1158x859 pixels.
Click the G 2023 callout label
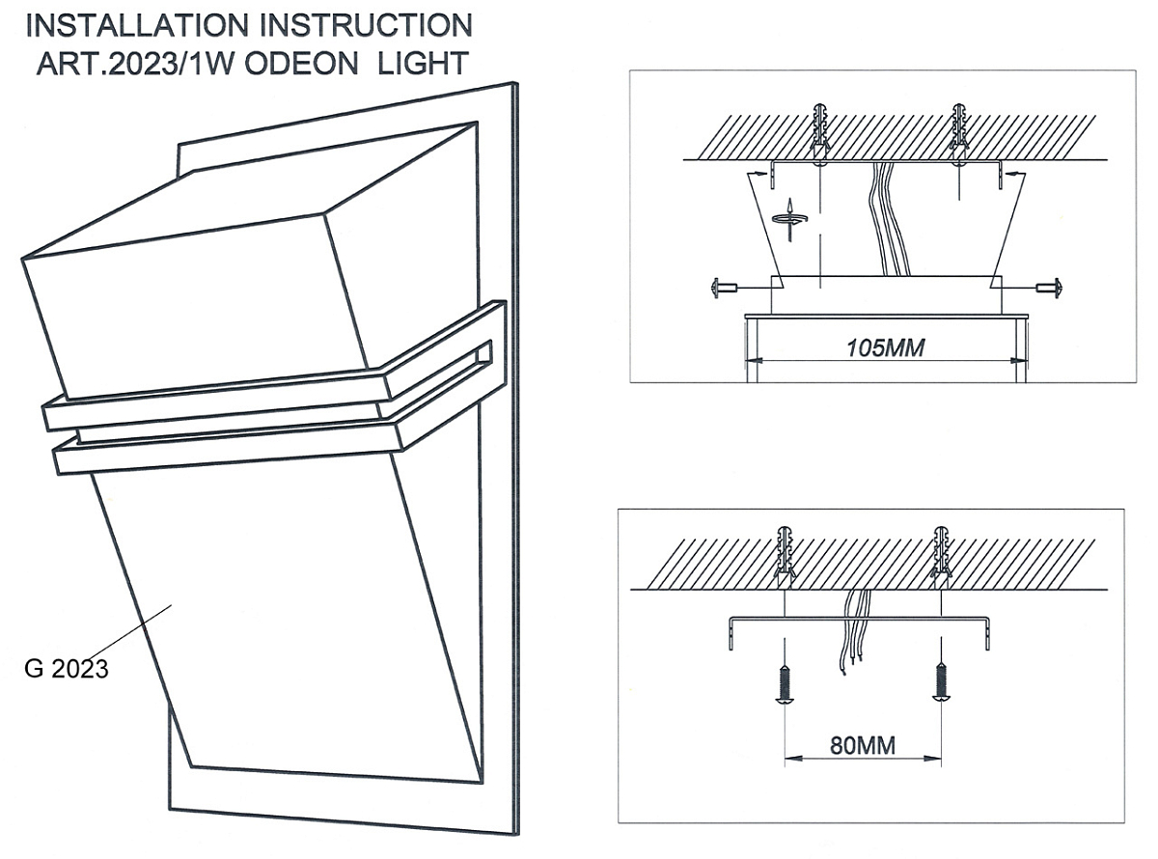[67, 669]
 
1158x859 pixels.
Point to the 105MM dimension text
[885, 348]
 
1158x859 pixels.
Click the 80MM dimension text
[862, 745]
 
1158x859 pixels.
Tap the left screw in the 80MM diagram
[785, 684]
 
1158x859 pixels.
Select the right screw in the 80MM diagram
[941, 684]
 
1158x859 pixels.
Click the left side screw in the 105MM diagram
[723, 287]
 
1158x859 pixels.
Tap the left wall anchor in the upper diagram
[819, 130]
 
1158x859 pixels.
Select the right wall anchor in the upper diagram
[957, 130]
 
